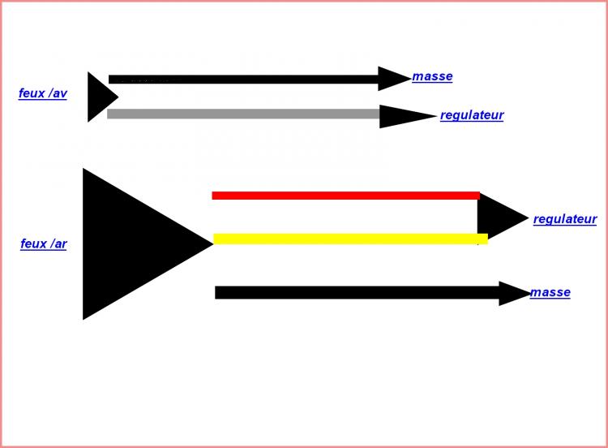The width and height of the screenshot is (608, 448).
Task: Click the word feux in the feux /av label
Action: tap(32, 93)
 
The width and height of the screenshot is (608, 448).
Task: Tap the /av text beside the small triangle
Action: tap(58, 93)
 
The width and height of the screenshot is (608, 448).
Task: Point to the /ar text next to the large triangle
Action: tap(59, 243)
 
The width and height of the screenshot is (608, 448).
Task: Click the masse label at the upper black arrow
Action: tap(432, 76)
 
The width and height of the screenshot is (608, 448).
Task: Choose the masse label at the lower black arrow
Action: tap(550, 292)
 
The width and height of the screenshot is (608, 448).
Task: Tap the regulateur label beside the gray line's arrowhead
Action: tap(472, 115)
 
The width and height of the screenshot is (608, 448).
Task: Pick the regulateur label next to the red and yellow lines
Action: tap(565, 219)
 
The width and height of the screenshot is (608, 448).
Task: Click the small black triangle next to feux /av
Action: tap(100, 97)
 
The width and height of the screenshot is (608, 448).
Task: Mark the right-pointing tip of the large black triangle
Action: tap(213, 243)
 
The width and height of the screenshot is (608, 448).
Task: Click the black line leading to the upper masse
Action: tap(243, 80)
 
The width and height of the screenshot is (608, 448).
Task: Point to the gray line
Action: tap(243, 114)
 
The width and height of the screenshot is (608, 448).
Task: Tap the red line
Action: tap(346, 196)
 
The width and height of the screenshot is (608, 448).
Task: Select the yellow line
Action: tap(350, 239)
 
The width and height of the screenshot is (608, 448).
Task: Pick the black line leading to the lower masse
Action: tap(358, 293)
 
